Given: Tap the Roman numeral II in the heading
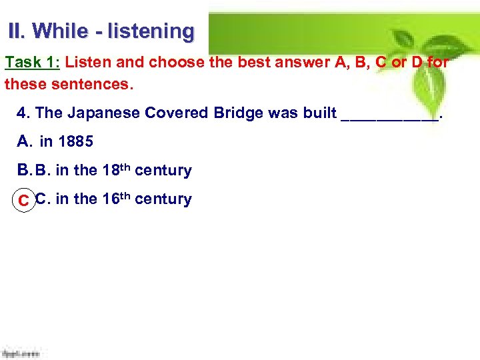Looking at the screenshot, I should (x=15, y=31).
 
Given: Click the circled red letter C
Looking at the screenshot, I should (x=23, y=200).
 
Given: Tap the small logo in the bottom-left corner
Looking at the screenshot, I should (x=21, y=352).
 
